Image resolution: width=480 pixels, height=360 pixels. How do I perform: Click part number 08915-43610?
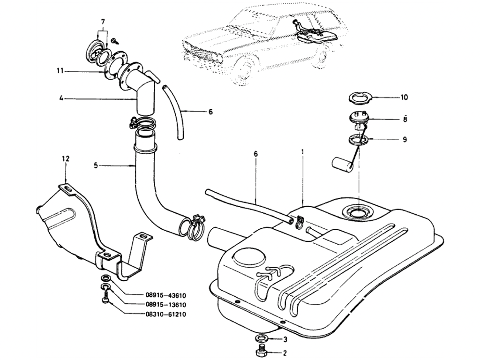pos(165,296)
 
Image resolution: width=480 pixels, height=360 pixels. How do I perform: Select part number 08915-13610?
pos(165,305)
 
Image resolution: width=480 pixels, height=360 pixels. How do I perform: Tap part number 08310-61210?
pos(165,315)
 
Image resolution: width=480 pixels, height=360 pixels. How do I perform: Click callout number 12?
pos(66,159)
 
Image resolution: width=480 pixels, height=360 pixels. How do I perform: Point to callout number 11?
pos(60,71)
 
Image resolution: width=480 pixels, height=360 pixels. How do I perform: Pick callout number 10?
pos(404,97)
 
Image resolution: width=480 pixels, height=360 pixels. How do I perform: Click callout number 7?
pos(103,22)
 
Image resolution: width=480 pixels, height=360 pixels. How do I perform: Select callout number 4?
pos(61,99)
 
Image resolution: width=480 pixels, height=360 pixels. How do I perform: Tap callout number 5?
pos(96,165)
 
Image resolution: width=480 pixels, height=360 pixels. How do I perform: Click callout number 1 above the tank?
pos(302,151)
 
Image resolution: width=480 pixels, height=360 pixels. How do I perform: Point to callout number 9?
pos(405,140)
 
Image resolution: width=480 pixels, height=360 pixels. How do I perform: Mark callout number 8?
pos(405,119)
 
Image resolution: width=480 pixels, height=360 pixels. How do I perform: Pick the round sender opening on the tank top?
pos(357,212)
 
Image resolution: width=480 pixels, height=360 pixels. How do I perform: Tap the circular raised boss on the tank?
pos(248,255)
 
